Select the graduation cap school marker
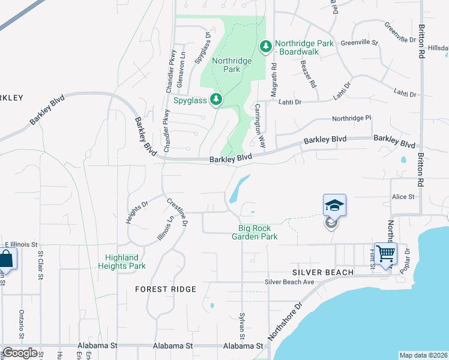[334, 206]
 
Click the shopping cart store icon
[385, 254]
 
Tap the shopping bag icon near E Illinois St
[7, 259]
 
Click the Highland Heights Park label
[121, 262]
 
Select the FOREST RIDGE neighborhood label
[166, 289]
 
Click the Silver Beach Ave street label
[291, 282]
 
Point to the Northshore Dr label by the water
[287, 322]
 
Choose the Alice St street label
[403, 197]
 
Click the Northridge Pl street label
[352, 119]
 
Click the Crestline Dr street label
[177, 212]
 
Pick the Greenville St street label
[359, 43]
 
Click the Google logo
[20, 353]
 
